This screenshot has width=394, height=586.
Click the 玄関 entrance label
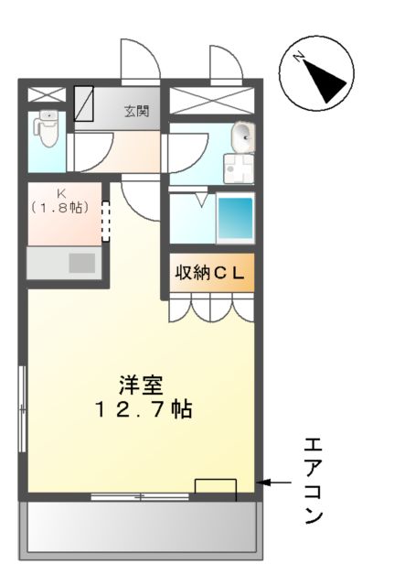tap(137, 112)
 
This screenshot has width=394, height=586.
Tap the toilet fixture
tap(46, 129)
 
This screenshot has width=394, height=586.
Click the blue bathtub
tap(234, 219)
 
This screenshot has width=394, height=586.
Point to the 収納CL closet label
tap(208, 274)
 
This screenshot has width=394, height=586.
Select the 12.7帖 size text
tap(143, 410)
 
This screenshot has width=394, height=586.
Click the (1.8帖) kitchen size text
tap(59, 208)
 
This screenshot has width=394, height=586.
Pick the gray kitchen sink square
tap(82, 263)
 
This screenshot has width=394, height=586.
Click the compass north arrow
tap(327, 81)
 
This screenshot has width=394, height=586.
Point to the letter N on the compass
tap(299, 58)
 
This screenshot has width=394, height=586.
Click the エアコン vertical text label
tap(313, 481)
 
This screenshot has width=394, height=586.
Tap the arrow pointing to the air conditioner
tap(275, 483)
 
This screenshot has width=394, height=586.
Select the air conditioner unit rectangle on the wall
tap(216, 489)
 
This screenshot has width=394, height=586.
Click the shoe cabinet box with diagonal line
tap(84, 103)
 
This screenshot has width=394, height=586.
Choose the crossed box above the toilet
tap(46, 94)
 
